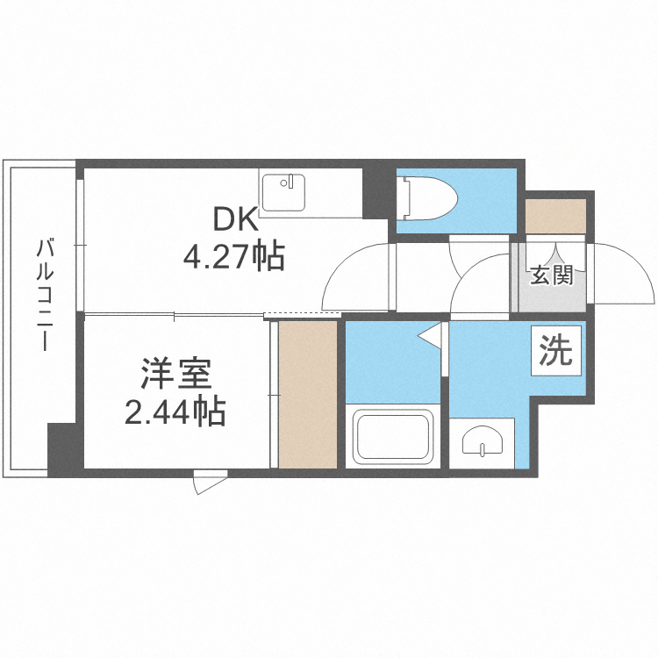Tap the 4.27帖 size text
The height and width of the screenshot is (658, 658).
coord(232,256)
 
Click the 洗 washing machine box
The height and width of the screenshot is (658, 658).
coord(555,352)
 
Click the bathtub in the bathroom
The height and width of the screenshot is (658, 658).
coord(394,436)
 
